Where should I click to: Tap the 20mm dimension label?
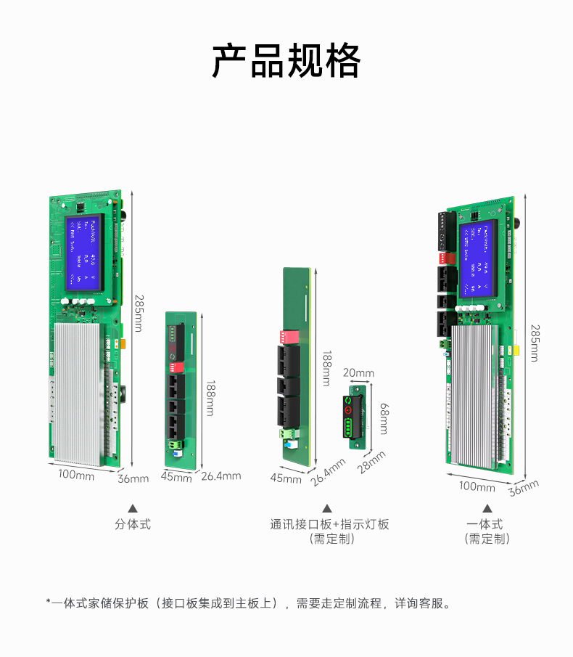[358, 373]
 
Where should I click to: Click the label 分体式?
[133, 524]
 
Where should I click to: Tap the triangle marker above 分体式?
[133, 508]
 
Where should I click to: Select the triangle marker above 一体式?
[487, 508]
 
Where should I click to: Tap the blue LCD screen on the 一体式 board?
[478, 259]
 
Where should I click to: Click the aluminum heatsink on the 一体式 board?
[473, 396]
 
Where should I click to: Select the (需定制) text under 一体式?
[487, 539]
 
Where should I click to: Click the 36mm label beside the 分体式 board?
[133, 478]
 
